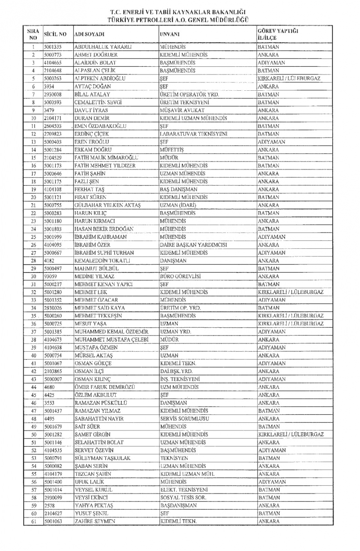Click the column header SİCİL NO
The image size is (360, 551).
tap(55, 34)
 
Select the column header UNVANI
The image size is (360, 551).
tap(169, 34)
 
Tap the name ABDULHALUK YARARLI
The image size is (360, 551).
tap(97, 47)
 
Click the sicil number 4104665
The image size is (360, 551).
tap(52, 63)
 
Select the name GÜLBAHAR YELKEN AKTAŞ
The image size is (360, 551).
tap(107, 205)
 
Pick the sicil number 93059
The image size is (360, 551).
tap(50, 276)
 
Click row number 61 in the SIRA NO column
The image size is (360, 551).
tap(34, 521)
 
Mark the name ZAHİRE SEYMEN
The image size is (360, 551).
tap(94, 521)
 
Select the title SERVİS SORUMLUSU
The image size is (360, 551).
tap(184, 418)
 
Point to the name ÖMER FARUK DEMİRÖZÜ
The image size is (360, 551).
tap(104, 387)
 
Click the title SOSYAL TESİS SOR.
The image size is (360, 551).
tap(183, 497)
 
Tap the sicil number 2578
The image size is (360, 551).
tap(49, 505)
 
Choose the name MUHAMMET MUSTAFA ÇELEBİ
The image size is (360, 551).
tap(111, 339)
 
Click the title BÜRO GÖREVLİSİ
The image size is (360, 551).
tap(180, 276)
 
